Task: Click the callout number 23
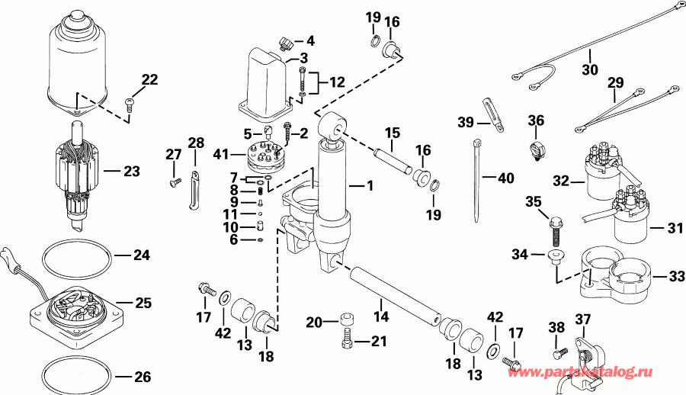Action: click(132, 172)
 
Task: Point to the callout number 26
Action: click(142, 377)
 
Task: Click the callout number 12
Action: click(336, 82)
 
